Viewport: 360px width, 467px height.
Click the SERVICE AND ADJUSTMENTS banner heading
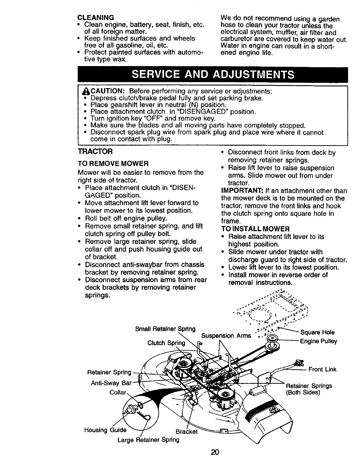[213, 75]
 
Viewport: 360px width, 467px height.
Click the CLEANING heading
[94, 18]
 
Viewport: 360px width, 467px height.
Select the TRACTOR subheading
[95, 152]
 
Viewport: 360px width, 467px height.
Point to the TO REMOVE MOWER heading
[113, 163]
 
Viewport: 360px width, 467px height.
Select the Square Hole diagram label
[317, 333]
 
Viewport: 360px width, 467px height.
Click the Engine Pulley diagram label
[318, 341]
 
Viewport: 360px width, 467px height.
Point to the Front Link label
[322, 369]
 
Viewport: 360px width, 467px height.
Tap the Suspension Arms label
[226, 336]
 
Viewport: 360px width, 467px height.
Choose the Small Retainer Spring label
[165, 329]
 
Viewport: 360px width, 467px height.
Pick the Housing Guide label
[105, 430]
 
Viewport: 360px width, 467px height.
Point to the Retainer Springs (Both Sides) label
[309, 389]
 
